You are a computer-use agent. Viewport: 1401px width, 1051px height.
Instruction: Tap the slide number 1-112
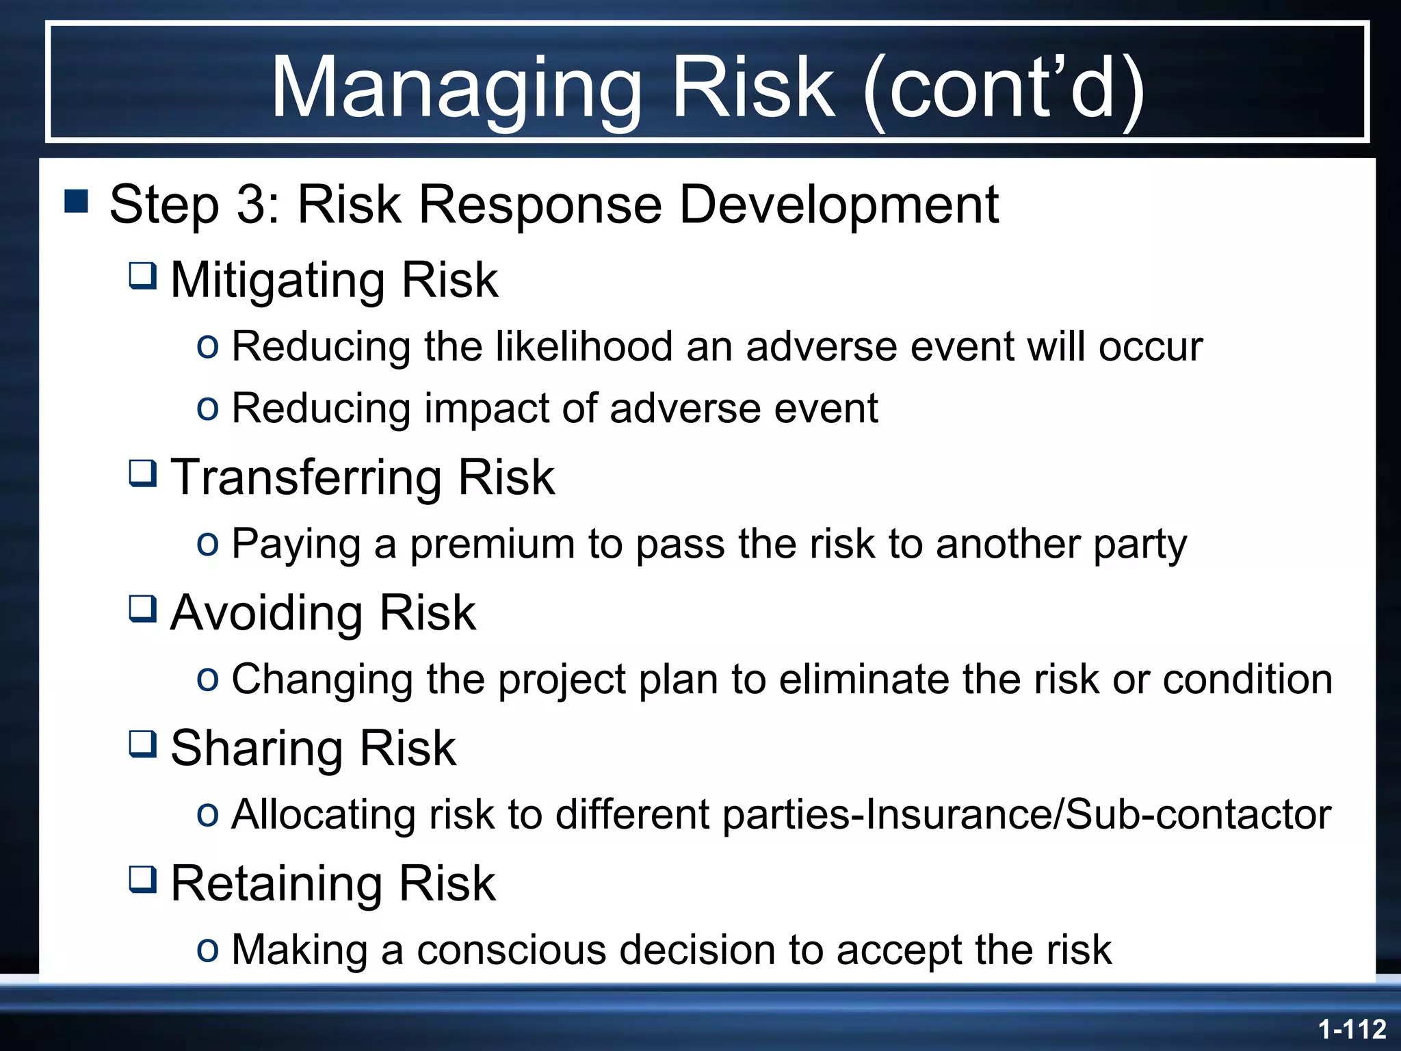pos(1352,1029)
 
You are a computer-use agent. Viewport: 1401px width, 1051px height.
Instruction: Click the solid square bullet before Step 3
pos(76,201)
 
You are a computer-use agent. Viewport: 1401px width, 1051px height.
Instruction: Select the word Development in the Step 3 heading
pos(839,205)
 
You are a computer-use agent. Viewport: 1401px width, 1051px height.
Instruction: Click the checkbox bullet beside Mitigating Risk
pos(143,276)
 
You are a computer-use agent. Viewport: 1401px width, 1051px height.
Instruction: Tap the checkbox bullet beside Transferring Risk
pos(143,473)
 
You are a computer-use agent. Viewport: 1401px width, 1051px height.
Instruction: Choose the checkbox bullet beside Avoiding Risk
pos(143,608)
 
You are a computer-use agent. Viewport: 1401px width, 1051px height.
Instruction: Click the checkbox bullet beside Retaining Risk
pos(143,879)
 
